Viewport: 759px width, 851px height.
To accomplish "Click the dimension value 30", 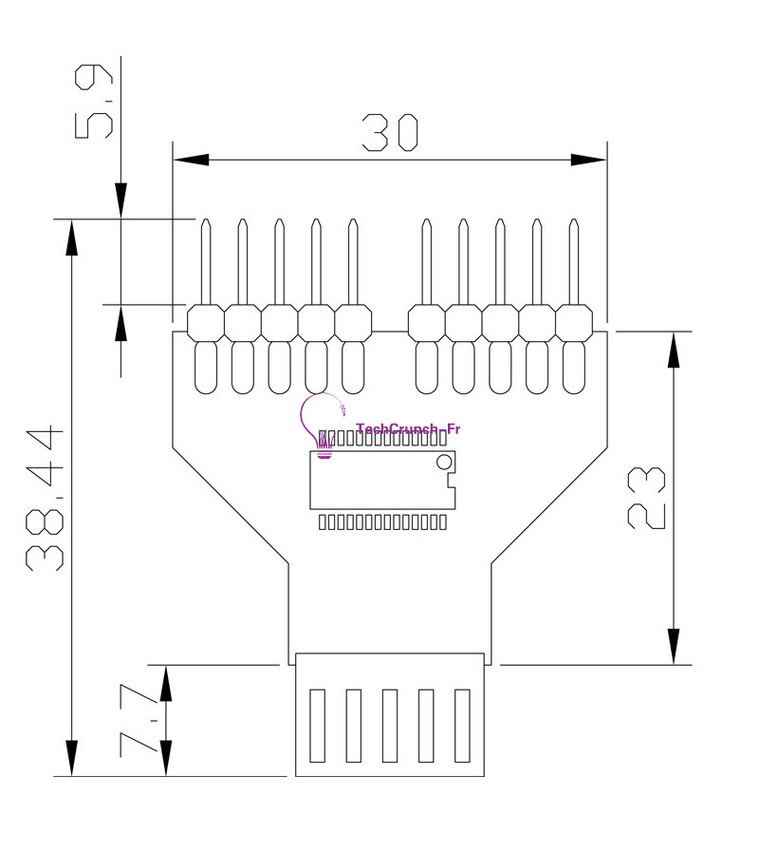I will point(390,134).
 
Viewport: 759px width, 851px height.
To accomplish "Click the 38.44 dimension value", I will point(46,499).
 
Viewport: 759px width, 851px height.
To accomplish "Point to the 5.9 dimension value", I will point(95,101).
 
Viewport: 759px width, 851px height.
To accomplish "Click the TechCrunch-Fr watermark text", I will point(407,429).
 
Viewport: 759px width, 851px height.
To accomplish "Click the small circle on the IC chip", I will point(443,463).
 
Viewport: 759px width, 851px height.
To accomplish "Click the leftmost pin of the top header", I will point(206,261).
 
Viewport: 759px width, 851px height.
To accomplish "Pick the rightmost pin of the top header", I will point(573,261).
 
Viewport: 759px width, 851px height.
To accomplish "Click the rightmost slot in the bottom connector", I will point(463,725).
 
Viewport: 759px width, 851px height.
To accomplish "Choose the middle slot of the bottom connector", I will point(390,725).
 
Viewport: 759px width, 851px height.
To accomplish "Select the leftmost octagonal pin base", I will point(206,322).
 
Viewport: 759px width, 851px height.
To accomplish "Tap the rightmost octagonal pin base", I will point(573,322).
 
